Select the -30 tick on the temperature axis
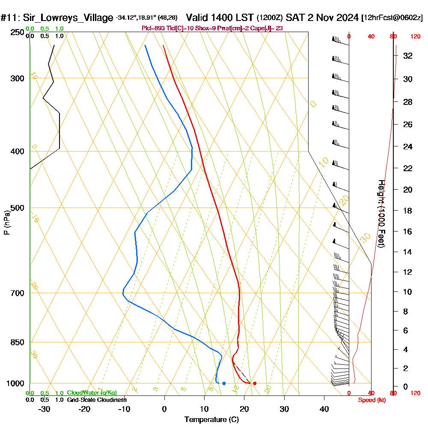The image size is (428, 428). pos(44,409)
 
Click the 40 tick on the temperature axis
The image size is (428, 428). pos(324,409)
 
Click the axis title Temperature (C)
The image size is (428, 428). pos(211,419)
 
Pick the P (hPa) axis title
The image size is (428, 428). pos(6,222)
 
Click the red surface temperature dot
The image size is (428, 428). pos(255,383)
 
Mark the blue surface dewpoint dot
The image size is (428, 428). pos(224,383)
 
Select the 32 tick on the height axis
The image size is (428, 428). pos(408,55)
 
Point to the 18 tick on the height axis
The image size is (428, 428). pos(408,211)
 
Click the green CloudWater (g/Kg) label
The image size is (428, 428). pos(92,393)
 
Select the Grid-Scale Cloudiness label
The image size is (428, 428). pos(97,400)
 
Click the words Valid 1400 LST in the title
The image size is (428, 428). pos(220,18)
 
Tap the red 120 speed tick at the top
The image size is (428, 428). pos(415,36)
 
